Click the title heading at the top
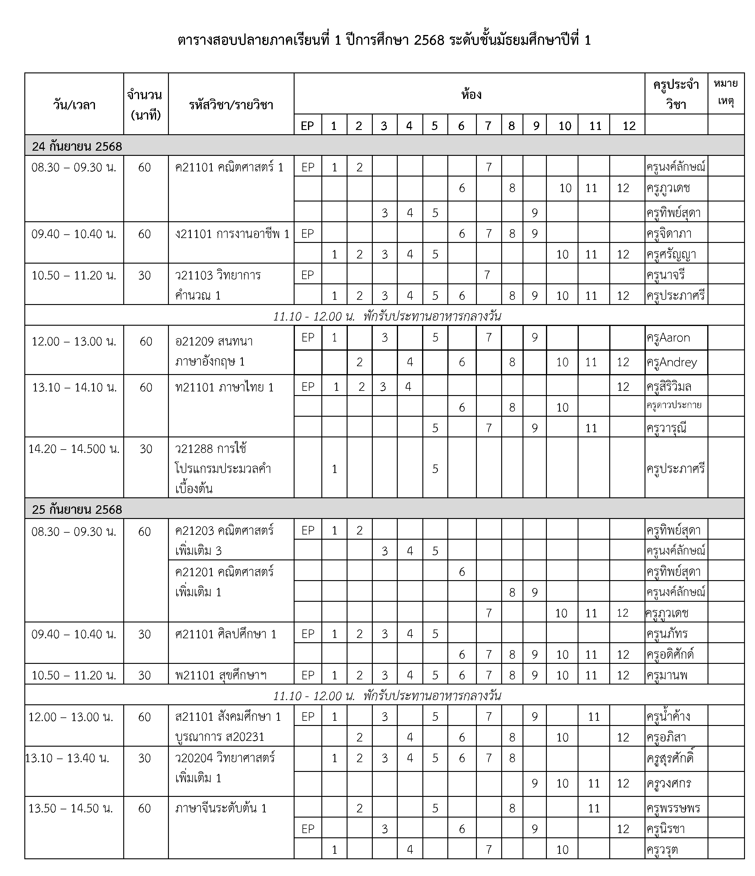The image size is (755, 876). tap(384, 40)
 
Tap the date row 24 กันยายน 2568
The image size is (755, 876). tap(77, 146)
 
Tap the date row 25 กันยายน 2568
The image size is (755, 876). tap(77, 510)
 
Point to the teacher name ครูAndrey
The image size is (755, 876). tap(671, 362)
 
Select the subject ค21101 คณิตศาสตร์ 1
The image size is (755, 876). tap(229, 167)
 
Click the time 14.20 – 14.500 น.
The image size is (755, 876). tap(74, 449)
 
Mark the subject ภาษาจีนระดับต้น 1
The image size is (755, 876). tap(221, 808)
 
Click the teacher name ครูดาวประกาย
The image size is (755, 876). tap(674, 405)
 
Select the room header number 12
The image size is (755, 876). tap(629, 126)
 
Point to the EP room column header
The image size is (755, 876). tap(307, 126)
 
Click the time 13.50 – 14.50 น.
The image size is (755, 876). tap(71, 808)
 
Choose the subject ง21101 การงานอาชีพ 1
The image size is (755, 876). tap(232, 234)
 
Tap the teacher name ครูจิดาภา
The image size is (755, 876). tap(669, 234)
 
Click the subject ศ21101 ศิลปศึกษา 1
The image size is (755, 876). tap(225, 634)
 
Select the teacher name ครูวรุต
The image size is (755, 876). tap(662, 850)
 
